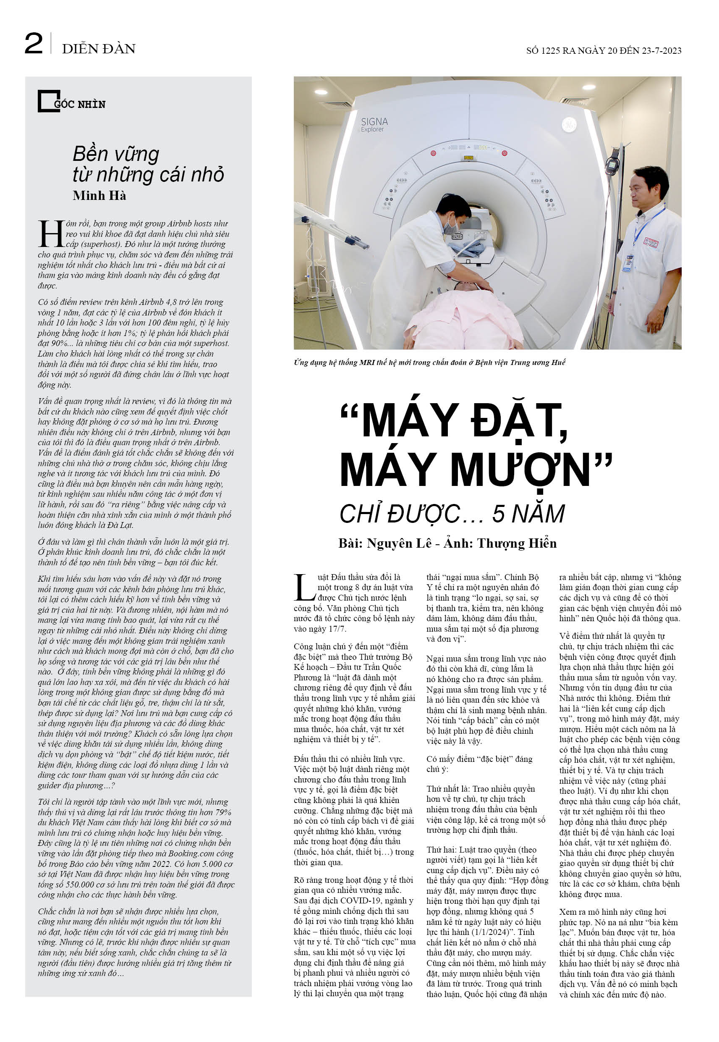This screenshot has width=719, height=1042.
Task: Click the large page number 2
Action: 34,44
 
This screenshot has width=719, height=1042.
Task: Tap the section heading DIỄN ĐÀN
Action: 99,49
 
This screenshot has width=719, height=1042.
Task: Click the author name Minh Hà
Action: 99,196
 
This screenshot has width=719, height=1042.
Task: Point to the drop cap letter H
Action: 51,234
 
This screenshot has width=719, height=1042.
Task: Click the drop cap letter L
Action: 304,587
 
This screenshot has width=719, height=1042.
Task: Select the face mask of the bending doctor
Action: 450,227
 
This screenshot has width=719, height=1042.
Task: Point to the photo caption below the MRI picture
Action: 429,362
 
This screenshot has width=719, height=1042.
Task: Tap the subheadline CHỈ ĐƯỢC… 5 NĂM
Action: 452,513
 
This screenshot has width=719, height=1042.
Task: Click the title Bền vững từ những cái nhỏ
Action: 148,164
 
